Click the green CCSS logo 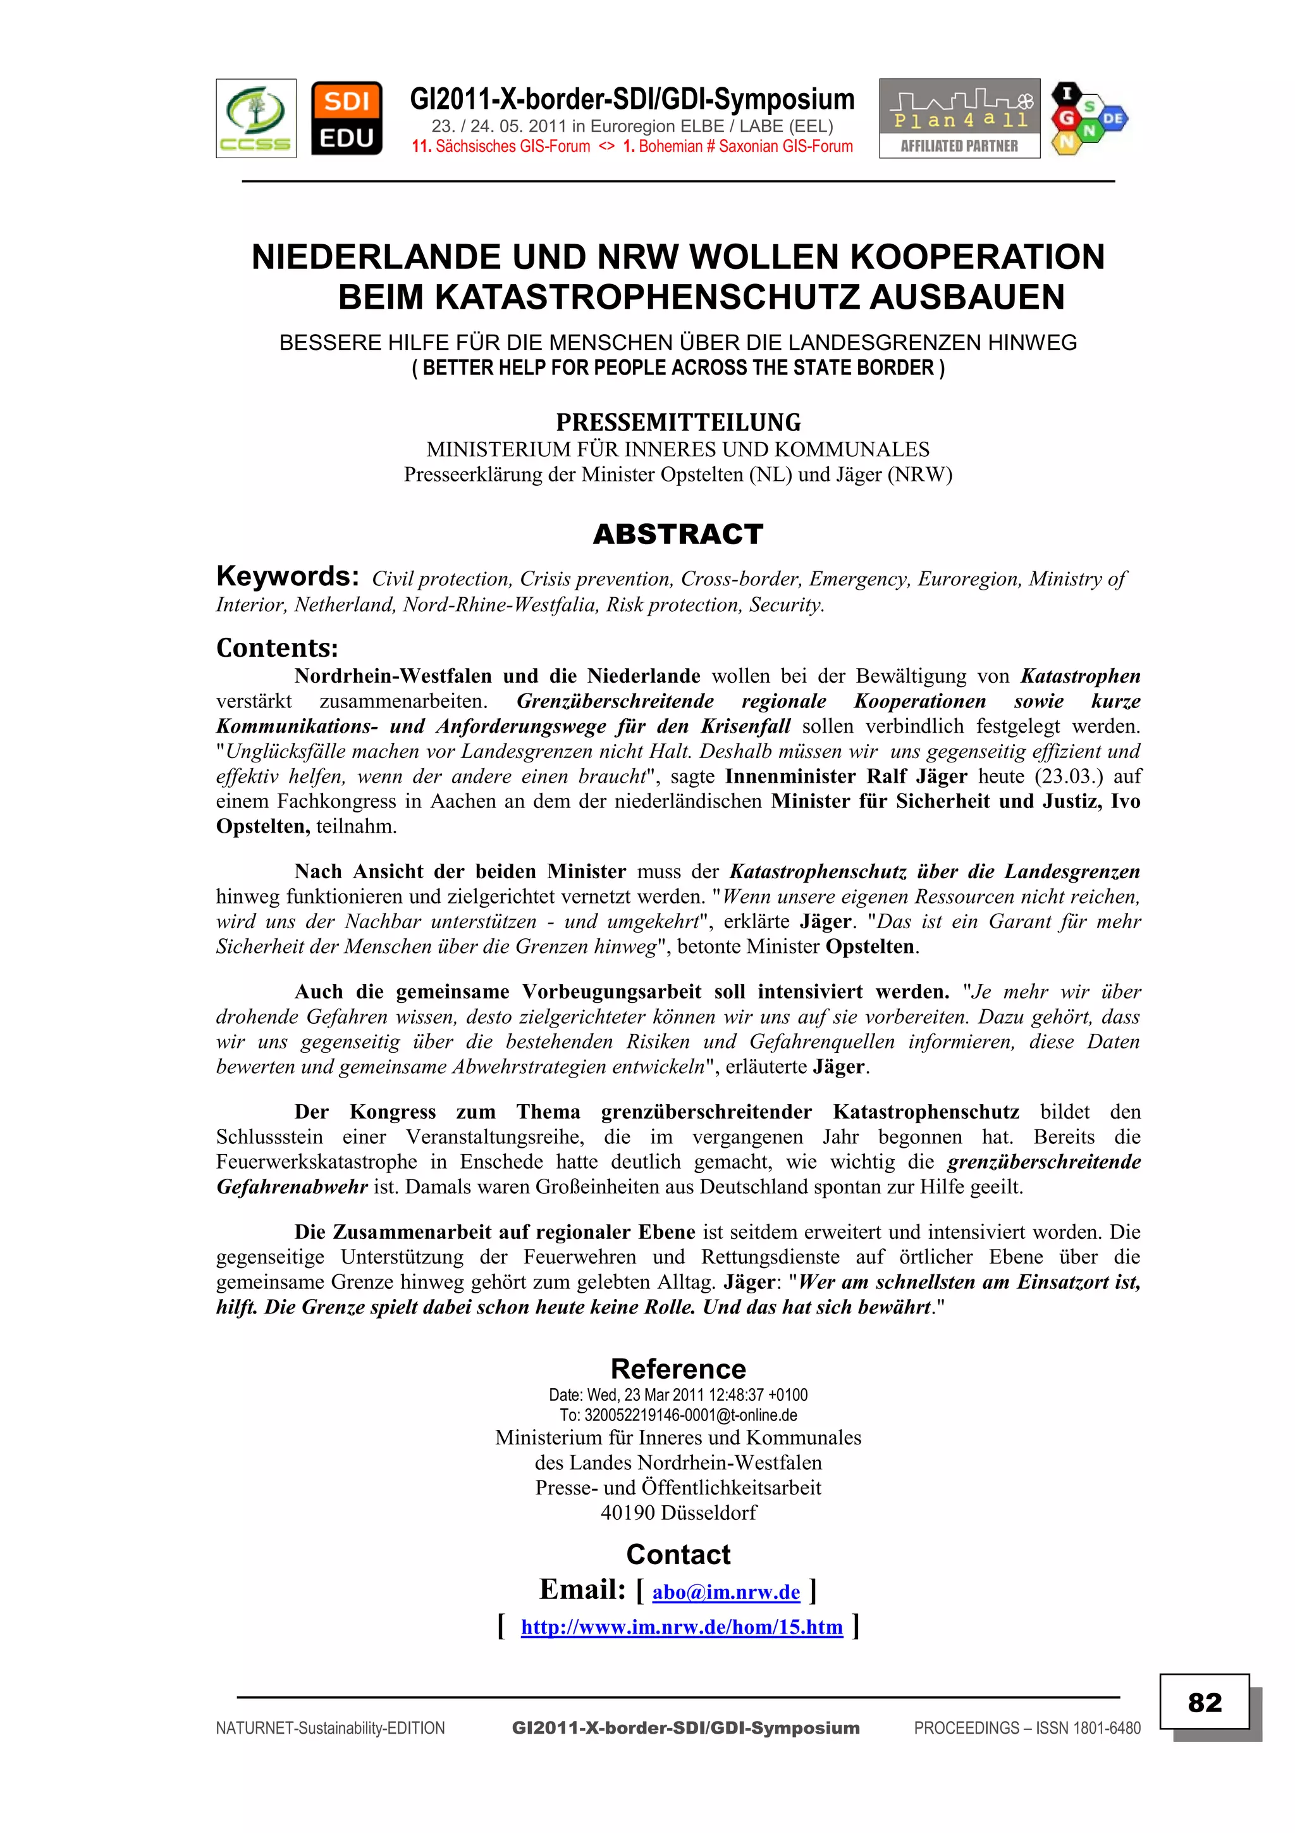(x=255, y=118)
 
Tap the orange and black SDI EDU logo (x=347, y=118)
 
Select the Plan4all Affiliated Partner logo (x=959, y=118)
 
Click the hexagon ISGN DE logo (x=1088, y=118)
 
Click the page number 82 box (x=1204, y=1702)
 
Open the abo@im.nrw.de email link (x=725, y=1592)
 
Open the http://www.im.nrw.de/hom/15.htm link (x=682, y=1626)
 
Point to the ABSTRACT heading (x=677, y=534)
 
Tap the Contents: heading (x=277, y=647)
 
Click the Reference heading (x=677, y=1369)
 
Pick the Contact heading (x=677, y=1555)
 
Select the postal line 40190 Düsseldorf (x=677, y=1512)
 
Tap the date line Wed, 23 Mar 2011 (x=677, y=1395)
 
